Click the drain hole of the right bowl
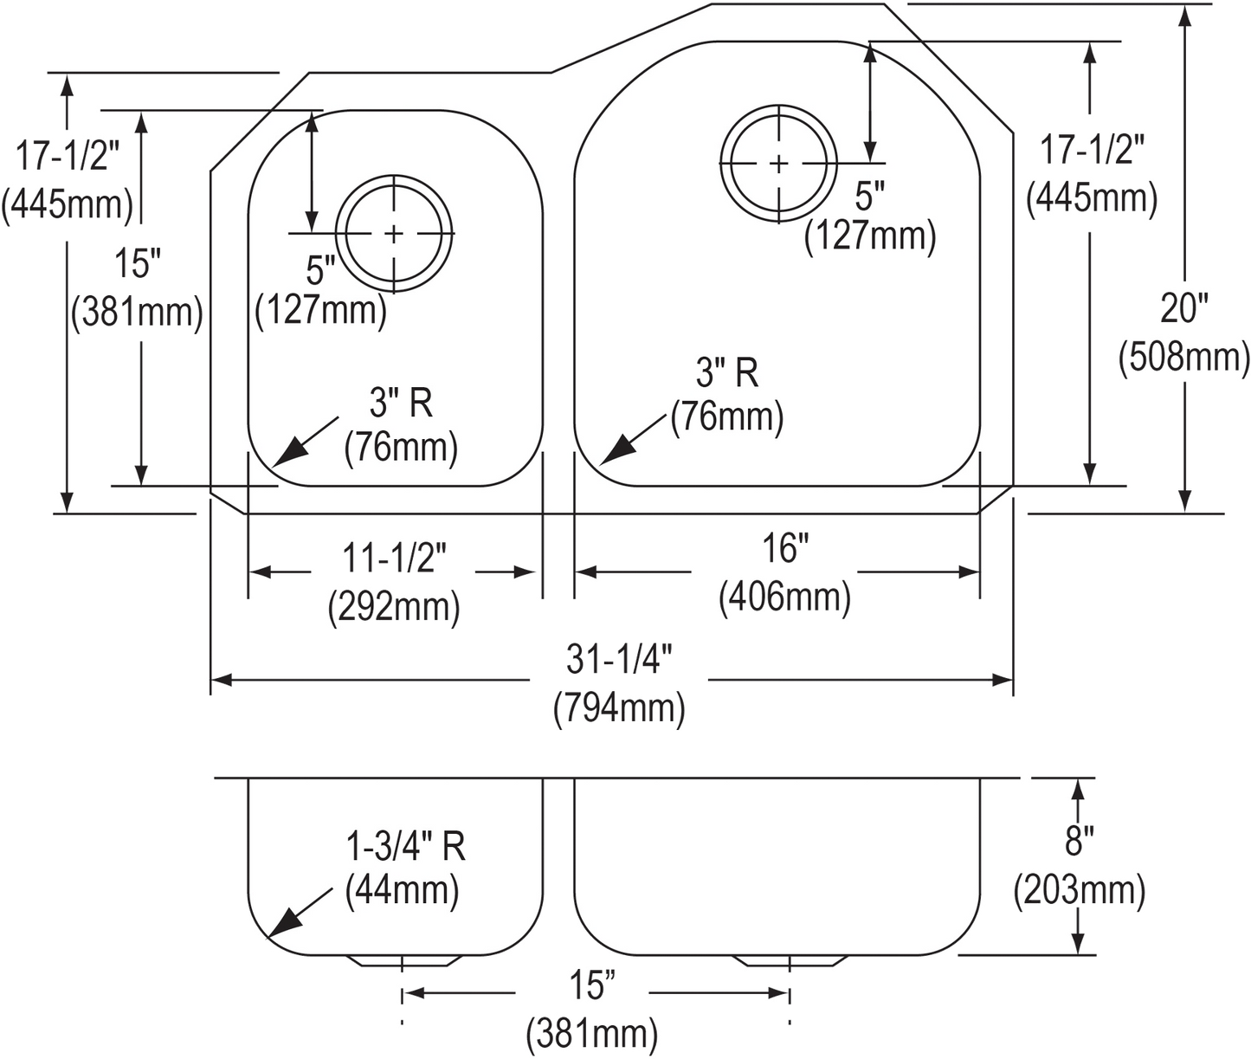(x=779, y=163)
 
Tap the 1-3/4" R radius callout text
(x=405, y=848)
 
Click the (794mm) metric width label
(x=620, y=710)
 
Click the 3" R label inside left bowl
(x=401, y=404)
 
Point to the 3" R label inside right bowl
(x=727, y=374)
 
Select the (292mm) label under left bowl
(x=394, y=609)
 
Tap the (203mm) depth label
(x=1077, y=888)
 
